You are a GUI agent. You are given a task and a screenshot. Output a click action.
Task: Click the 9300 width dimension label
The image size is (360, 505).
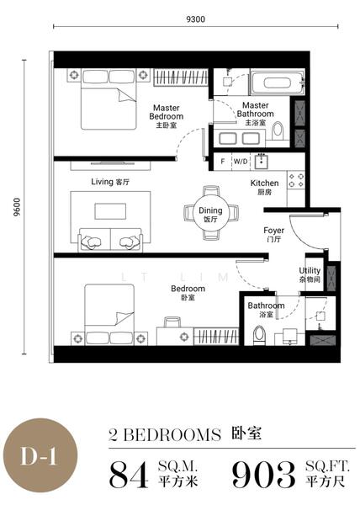pos(194,18)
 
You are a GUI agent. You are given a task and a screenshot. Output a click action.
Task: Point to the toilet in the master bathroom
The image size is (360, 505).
pos(278,130)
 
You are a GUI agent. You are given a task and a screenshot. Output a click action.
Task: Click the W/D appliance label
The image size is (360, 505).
pos(240,160)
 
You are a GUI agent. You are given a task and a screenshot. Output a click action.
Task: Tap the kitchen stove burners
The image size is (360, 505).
pos(296,179)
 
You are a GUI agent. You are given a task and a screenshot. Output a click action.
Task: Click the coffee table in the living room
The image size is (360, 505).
pos(109,210)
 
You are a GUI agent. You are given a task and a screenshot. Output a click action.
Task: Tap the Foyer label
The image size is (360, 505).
pos(273,233)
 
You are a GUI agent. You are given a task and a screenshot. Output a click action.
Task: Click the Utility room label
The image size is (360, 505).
pos(310,274)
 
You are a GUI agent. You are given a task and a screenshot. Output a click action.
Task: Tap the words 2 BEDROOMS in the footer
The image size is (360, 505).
pos(165,435)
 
